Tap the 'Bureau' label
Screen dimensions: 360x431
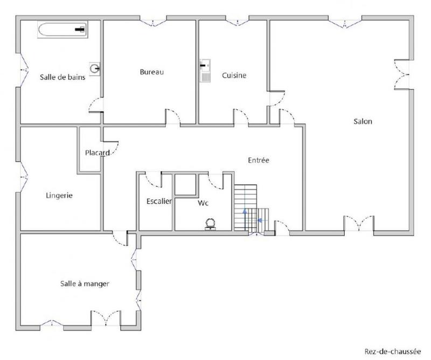151,72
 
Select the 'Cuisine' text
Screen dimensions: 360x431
234,75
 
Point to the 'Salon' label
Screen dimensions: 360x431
363,121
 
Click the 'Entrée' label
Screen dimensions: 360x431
258,160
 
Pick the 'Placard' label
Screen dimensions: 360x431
97,153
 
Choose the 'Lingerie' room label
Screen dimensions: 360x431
59,196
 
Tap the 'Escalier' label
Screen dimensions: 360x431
159,202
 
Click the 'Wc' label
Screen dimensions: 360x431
203,203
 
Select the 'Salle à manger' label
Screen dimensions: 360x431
85,283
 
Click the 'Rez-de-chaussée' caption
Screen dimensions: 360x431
392,349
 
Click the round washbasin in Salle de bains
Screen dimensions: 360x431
95,68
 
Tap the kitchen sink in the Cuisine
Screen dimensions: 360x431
205,70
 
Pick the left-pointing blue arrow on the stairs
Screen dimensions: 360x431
260,220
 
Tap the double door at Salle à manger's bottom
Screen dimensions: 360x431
105,319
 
